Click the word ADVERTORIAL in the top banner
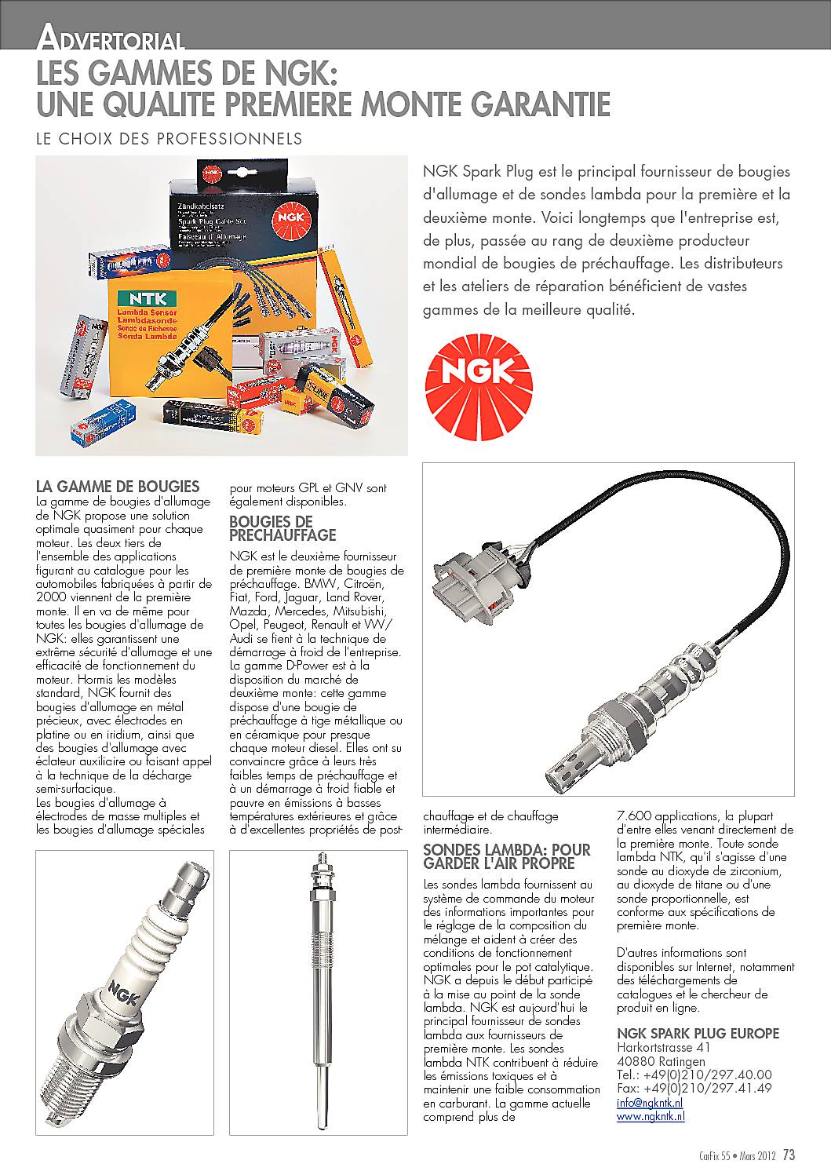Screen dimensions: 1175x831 pyautogui.click(x=111, y=38)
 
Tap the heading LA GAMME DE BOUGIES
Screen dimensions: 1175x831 pyautogui.click(x=118, y=487)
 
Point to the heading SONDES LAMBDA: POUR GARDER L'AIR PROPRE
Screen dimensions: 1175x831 pyautogui.click(x=506, y=856)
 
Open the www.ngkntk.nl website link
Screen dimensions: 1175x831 pyautogui.click(x=651, y=1115)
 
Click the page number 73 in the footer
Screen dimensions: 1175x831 pyautogui.click(x=788, y=1155)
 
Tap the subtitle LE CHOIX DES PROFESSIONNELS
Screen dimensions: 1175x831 pyautogui.click(x=169, y=139)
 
